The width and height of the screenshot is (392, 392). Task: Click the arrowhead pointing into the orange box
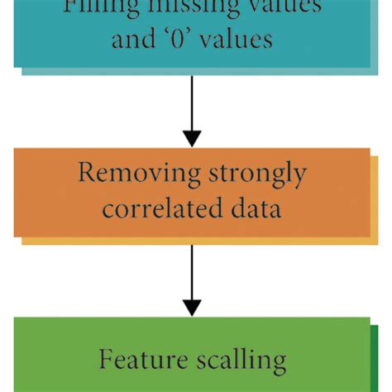coord(192,136)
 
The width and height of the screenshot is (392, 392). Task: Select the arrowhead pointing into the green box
coord(192,306)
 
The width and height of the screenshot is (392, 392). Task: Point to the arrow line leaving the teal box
coord(192,99)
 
